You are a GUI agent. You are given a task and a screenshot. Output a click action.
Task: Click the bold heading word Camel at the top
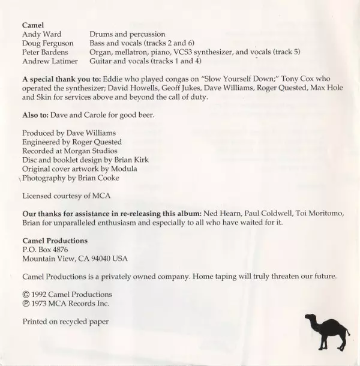[33, 25]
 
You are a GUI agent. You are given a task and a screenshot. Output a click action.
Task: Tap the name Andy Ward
[41, 35]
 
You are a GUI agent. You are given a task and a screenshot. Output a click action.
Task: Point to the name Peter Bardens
[46, 52]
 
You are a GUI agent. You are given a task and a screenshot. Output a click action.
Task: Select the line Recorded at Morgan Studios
[70, 151]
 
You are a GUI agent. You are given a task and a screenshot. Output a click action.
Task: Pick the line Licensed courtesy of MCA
[66, 196]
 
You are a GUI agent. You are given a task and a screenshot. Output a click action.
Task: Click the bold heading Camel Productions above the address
[55, 241]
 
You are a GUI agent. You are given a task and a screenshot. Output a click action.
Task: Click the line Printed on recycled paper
[65, 322]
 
